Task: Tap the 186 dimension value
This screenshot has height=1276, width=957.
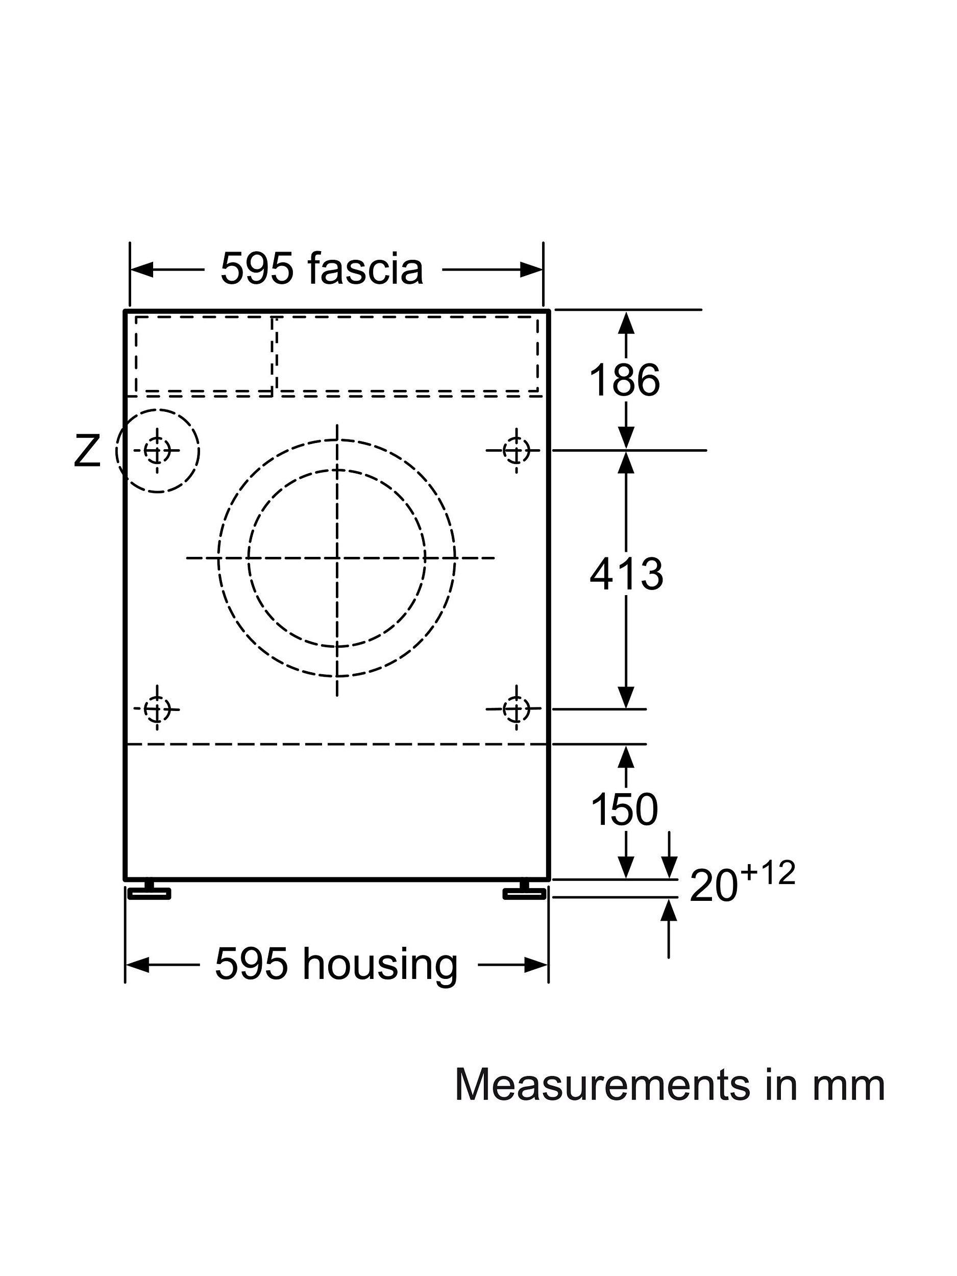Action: click(624, 380)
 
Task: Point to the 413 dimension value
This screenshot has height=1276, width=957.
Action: click(626, 574)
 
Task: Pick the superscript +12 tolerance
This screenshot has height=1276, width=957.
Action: click(768, 874)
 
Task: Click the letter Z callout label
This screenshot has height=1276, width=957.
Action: click(87, 451)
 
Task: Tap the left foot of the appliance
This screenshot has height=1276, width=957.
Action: click(149, 892)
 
